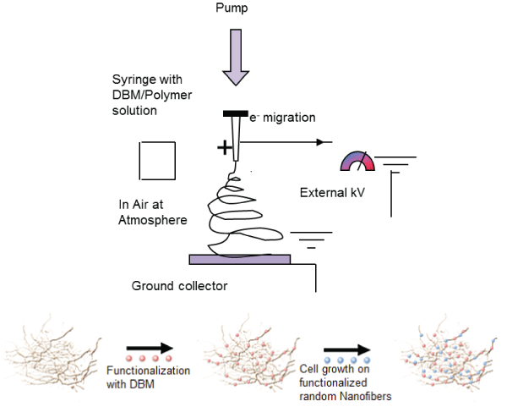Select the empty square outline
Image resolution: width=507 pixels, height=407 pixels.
click(156, 160)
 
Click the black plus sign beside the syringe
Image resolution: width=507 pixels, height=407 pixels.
click(223, 148)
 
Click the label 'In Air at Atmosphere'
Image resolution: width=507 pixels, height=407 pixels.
click(152, 212)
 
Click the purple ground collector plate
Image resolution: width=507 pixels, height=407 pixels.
click(240, 258)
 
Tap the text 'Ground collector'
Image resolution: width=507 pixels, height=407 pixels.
click(179, 286)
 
